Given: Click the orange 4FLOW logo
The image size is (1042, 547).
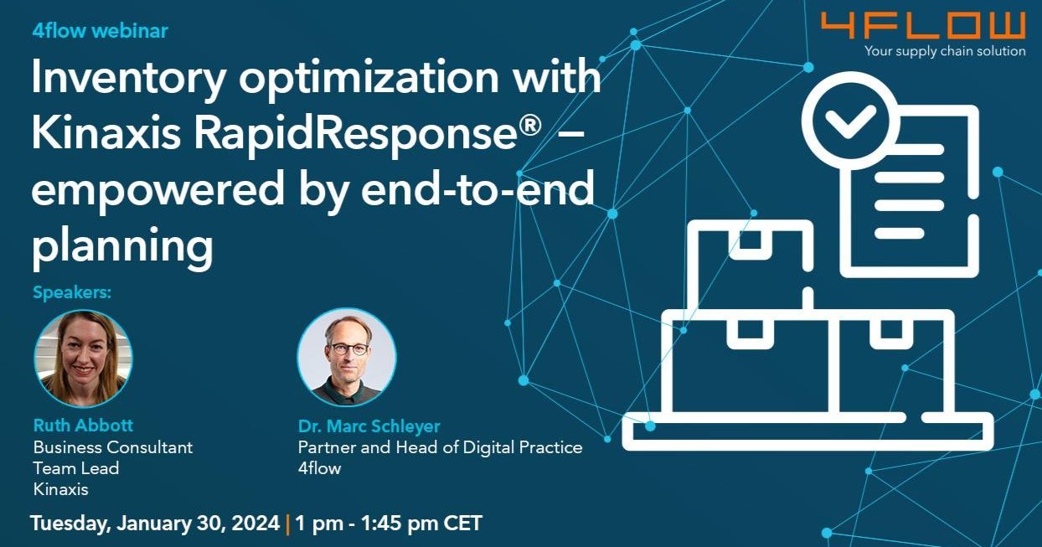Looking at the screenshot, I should point(922,25).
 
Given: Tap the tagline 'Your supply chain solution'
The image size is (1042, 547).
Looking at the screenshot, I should point(945,52).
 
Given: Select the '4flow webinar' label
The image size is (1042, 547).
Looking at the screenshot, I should point(100,31).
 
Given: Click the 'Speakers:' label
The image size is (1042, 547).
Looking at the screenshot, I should point(72,293).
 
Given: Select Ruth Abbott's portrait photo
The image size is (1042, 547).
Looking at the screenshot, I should point(83,359).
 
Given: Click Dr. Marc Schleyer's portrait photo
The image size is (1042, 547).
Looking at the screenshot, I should point(346,358).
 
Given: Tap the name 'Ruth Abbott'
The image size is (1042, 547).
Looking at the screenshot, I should point(83,426).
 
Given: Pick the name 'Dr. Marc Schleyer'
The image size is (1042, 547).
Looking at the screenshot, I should point(369,426).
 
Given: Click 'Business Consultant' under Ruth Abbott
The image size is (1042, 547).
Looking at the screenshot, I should point(112,447).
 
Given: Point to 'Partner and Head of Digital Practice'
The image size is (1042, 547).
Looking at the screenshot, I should point(440,447).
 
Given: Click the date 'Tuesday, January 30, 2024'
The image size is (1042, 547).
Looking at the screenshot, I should point(155,524).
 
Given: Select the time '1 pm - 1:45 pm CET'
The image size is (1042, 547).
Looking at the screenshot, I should point(389,524).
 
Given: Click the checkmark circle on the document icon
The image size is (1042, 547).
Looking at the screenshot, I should point(849,121).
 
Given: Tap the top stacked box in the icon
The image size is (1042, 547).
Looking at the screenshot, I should point(751,260).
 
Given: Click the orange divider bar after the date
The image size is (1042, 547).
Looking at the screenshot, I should point(287,524).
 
